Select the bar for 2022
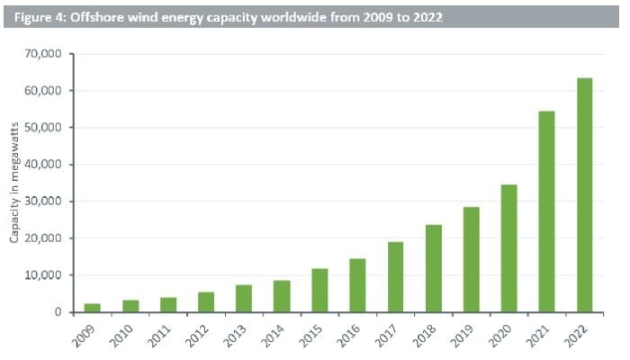click(x=585, y=195)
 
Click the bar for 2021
click(x=546, y=211)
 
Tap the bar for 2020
click(x=508, y=248)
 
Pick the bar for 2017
click(x=395, y=277)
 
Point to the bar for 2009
click(x=93, y=308)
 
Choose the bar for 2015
click(x=319, y=291)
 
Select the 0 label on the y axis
click(x=56, y=312)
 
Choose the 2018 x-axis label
click(x=427, y=336)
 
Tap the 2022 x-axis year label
click(x=578, y=336)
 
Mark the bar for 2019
click(x=471, y=259)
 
